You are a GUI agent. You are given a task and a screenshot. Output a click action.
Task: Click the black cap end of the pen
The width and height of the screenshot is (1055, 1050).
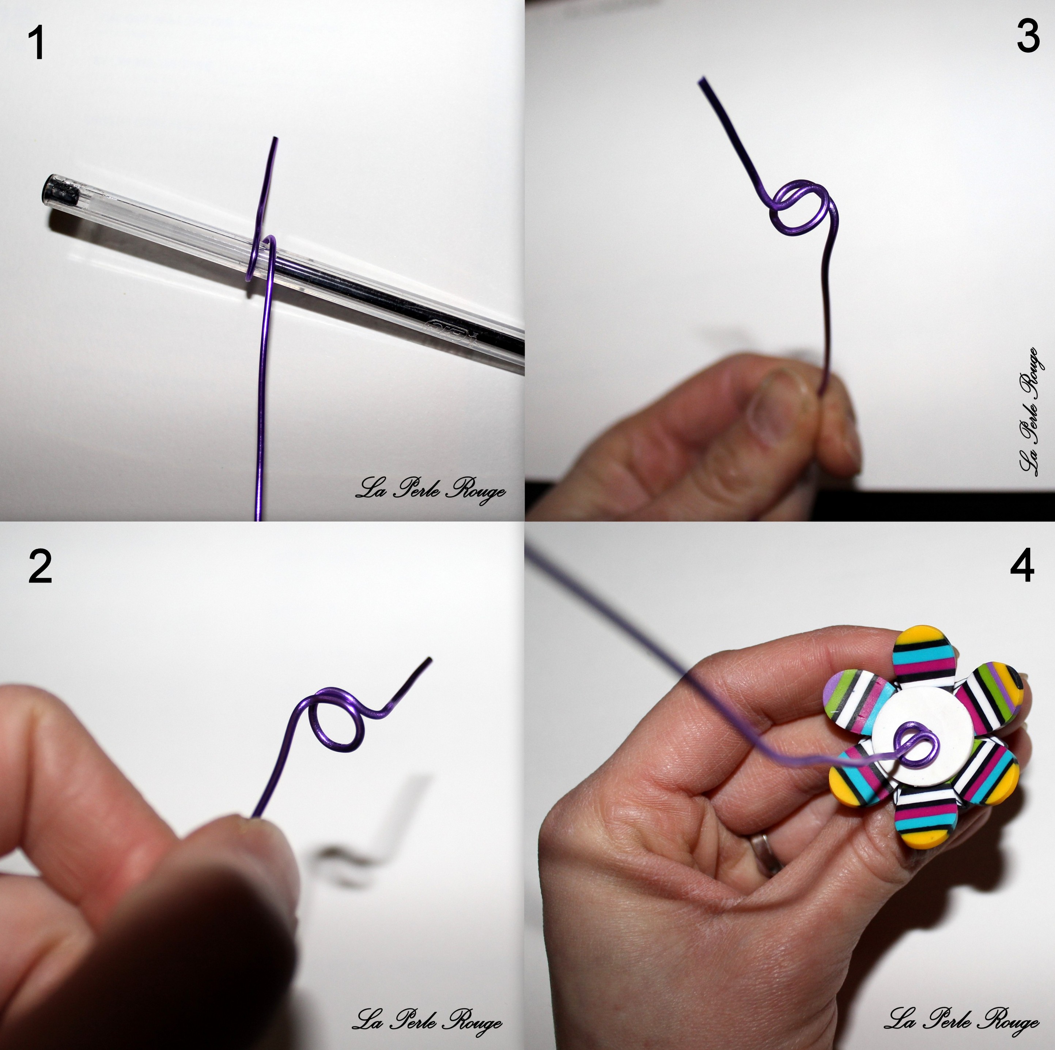(61, 189)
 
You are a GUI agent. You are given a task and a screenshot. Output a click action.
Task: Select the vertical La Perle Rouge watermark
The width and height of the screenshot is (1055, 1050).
(1029, 413)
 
